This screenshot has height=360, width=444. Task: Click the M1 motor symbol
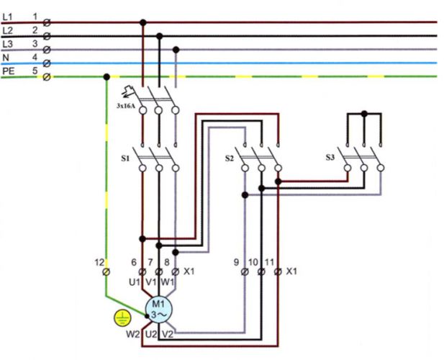click(158, 310)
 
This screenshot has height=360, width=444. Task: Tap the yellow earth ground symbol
click(122, 318)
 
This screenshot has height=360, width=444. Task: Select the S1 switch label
click(125, 158)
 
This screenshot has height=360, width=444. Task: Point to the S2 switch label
click(230, 158)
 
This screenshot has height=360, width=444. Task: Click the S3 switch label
click(330, 157)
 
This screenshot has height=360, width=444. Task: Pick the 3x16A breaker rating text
click(126, 107)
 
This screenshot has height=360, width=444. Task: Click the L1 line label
click(7, 17)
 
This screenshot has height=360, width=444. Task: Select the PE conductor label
click(8, 71)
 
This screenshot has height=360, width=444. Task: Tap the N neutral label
click(6, 58)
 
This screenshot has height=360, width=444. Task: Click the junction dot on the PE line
click(107, 77)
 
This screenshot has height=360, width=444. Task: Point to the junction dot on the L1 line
click(143, 22)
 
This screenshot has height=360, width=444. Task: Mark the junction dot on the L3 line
click(176, 50)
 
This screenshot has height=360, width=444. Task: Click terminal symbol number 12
click(106, 272)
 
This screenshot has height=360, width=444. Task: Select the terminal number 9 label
click(236, 262)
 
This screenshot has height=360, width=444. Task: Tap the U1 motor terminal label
click(135, 282)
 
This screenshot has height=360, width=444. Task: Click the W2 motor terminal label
click(133, 335)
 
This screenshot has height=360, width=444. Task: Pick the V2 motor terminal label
click(168, 335)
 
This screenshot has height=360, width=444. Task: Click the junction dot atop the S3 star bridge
click(364, 114)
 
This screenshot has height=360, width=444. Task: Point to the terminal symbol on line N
click(47, 63)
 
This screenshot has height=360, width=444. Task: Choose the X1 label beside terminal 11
click(291, 271)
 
